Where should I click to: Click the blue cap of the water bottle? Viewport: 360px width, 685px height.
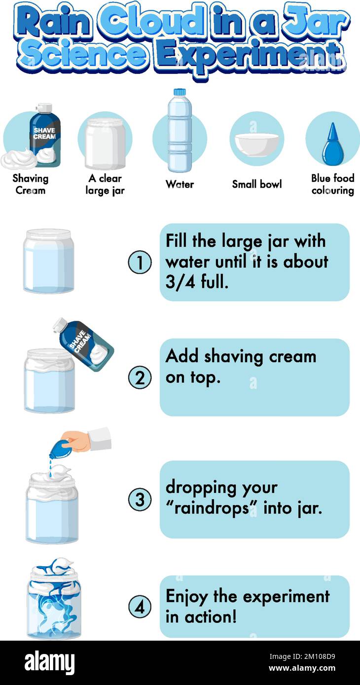[x=180, y=92]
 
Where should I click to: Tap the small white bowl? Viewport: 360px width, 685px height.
[x=257, y=145]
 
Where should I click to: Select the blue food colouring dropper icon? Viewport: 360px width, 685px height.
[x=333, y=143]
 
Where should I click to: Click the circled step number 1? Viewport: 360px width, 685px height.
[x=140, y=262]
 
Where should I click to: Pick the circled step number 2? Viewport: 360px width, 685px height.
[x=140, y=377]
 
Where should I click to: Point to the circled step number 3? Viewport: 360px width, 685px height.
[x=140, y=500]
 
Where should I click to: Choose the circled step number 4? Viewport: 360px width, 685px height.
[x=140, y=607]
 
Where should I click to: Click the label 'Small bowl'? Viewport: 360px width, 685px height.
[x=257, y=184]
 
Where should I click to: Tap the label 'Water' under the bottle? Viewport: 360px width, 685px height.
[x=180, y=184]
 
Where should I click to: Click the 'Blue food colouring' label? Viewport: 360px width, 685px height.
[x=333, y=184]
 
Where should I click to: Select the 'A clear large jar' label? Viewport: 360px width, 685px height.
[x=105, y=184]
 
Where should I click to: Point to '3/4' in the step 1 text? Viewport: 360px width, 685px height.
[x=180, y=282]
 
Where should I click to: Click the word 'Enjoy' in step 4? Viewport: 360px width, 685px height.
[x=187, y=597]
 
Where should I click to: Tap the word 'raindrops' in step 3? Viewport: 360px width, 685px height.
[x=212, y=509]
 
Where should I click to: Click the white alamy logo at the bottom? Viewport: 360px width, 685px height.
[x=49, y=662]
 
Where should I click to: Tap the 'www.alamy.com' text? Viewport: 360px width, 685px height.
[x=302, y=668]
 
